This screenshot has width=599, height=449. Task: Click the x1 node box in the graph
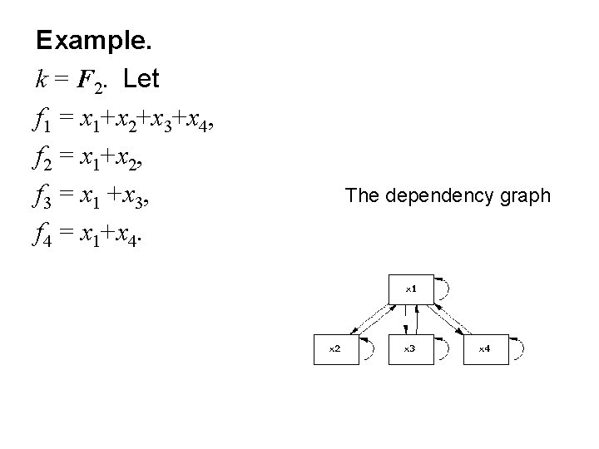pos(409,289)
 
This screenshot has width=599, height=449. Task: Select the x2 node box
pos(334,349)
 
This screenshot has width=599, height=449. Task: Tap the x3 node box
pos(409,349)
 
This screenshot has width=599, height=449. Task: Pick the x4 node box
pos(484,349)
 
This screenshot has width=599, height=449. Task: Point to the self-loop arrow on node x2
pos(371,350)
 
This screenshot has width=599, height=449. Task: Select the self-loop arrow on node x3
pos(446,350)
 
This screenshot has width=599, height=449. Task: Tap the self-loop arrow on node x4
pos(520,350)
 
